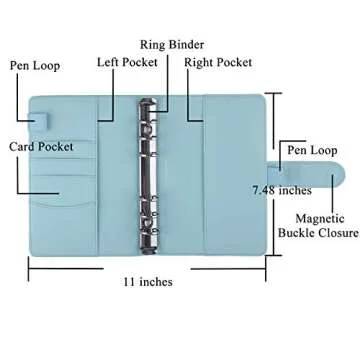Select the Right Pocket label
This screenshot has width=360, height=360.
point(217,61)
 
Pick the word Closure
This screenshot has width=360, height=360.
point(337,233)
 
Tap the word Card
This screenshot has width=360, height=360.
point(23,146)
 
